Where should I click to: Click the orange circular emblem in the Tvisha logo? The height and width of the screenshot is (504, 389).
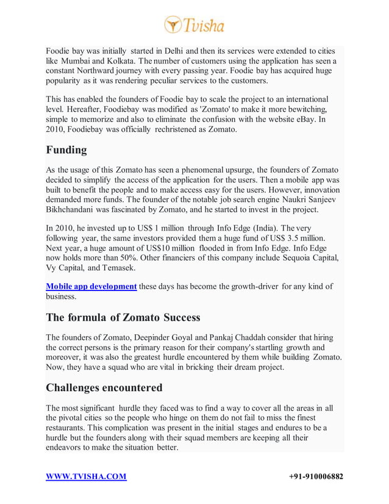click(x=173, y=25)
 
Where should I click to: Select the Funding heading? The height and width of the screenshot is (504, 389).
click(x=66, y=150)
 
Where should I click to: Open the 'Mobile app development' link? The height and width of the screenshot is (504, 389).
click(x=91, y=286)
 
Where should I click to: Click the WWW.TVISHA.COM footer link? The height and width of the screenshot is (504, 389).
click(x=86, y=477)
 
